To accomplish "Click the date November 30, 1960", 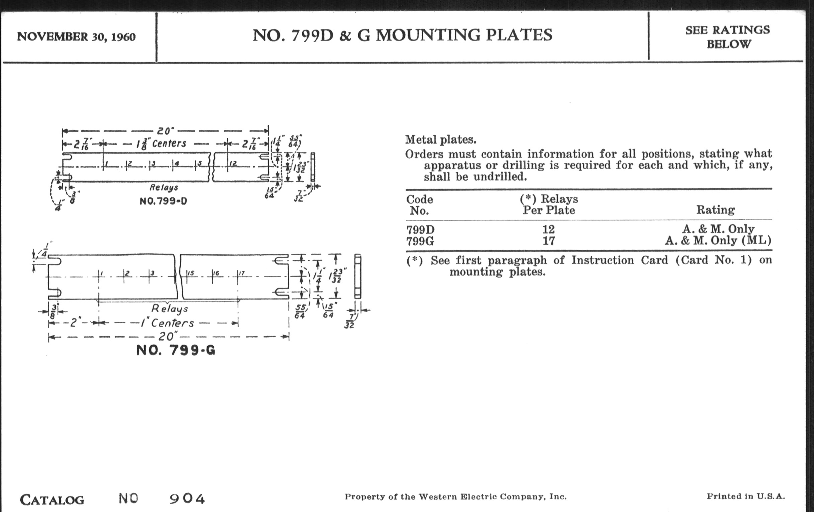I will [76, 36].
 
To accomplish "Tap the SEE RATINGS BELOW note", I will [728, 37].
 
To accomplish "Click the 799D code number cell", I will [420, 230].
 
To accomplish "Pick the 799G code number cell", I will [420, 241].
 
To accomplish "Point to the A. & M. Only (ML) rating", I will [718, 241].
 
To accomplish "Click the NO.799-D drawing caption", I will [163, 201].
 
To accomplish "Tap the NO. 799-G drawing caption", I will [175, 350].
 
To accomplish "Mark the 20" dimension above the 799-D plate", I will [165, 131].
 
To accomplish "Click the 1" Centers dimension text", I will [168, 323].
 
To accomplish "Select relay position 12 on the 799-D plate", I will [233, 164].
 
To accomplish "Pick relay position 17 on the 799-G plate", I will [241, 273].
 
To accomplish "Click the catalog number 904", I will [187, 499].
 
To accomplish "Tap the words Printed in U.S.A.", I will [746, 497].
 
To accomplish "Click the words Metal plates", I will [440, 140].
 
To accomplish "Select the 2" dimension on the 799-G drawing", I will [74, 323].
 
